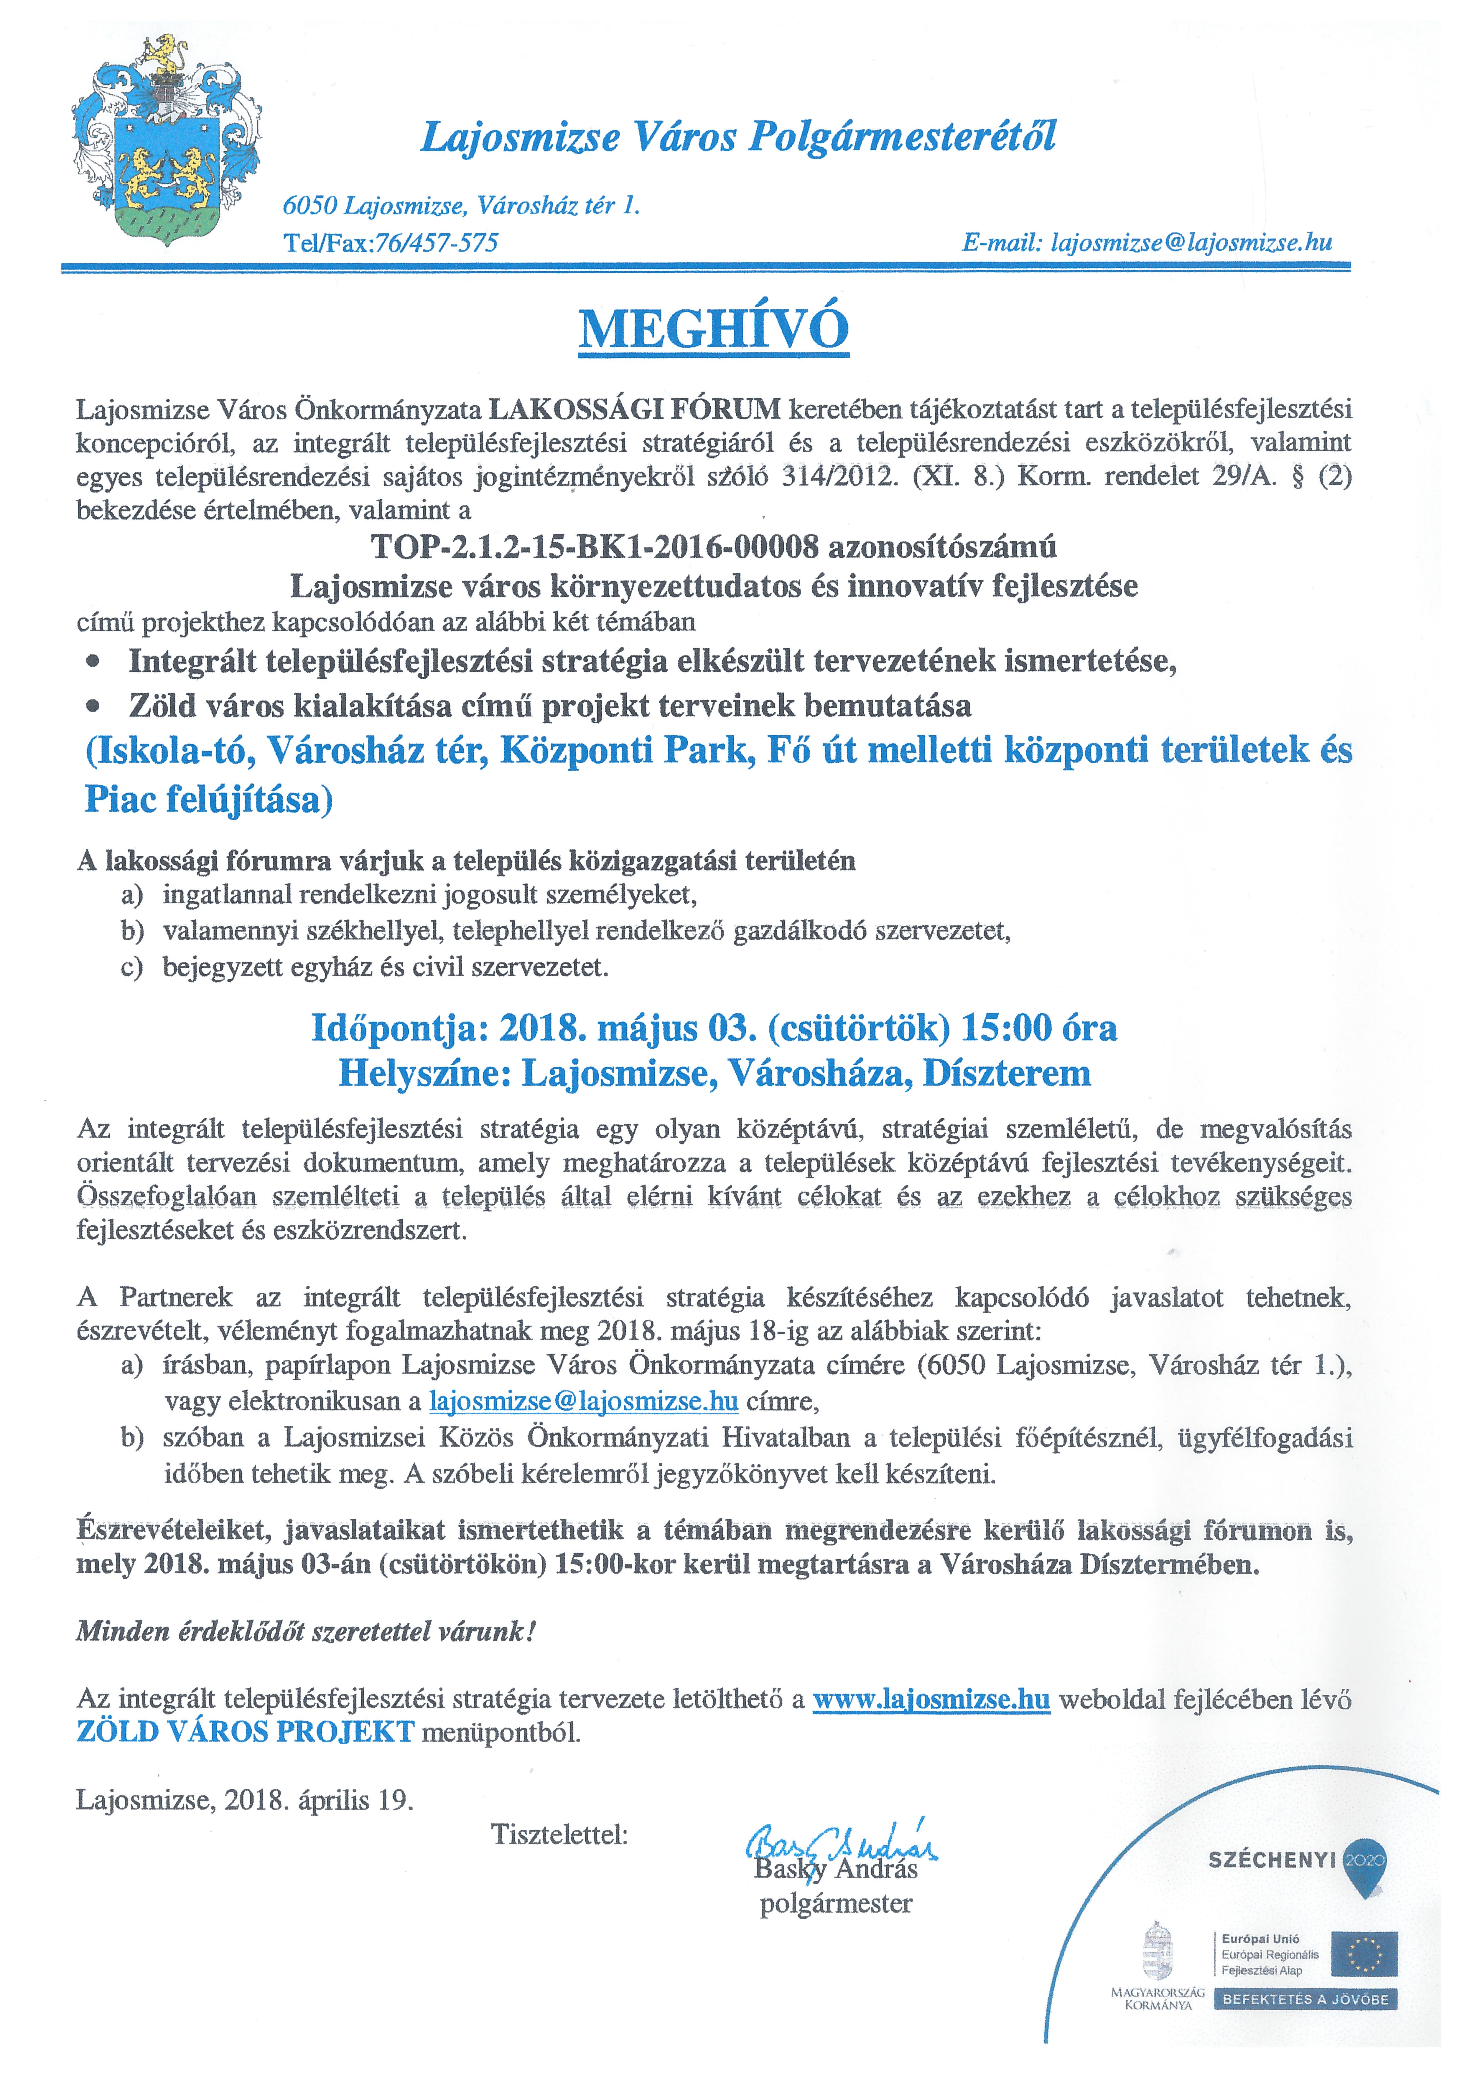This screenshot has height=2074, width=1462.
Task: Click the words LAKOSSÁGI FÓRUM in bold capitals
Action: [634, 409]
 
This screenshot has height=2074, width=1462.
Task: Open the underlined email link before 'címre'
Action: [583, 1401]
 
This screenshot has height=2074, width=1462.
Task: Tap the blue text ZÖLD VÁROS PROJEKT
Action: [245, 1732]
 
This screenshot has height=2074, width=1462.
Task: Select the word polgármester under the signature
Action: [836, 1904]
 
